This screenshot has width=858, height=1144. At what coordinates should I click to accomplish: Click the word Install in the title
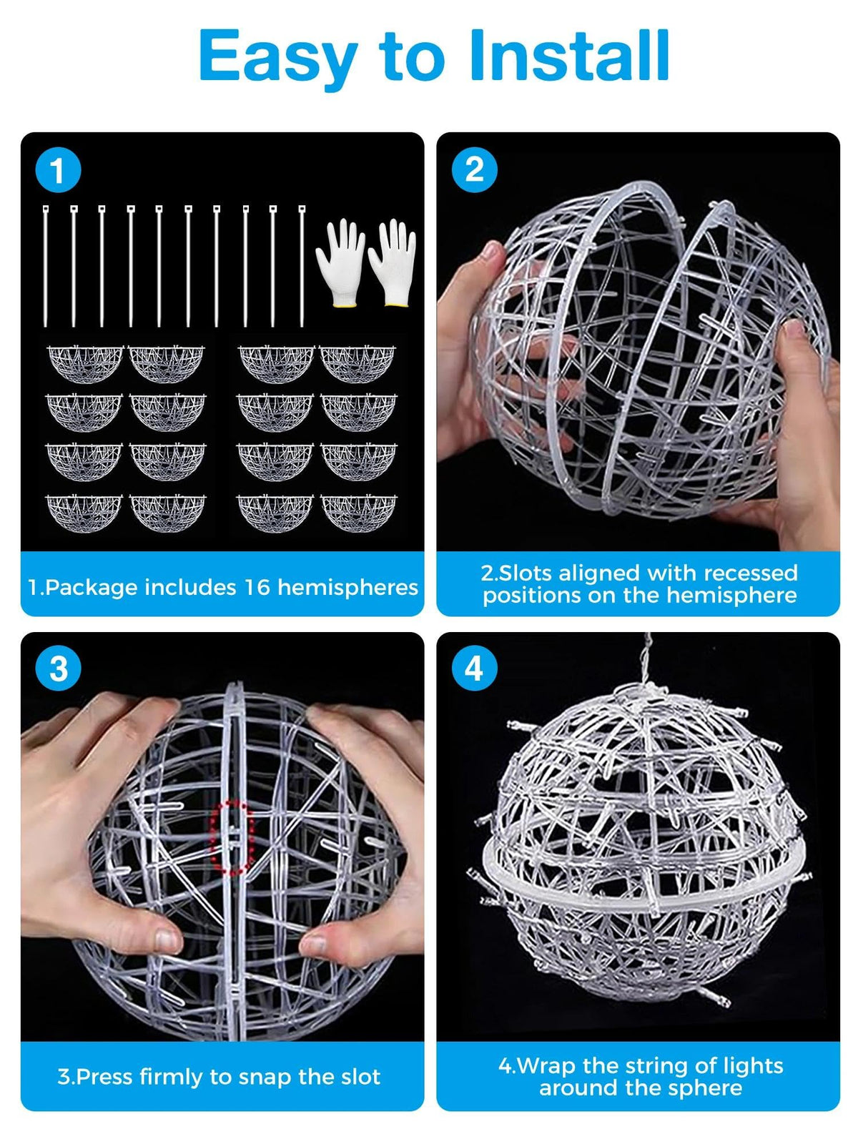click(569, 55)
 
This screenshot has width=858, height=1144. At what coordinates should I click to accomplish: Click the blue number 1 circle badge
click(58, 170)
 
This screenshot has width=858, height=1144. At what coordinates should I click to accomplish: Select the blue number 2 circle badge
click(474, 170)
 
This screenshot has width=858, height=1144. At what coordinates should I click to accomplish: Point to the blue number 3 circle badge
click(58, 668)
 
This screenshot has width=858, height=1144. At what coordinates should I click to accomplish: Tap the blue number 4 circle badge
click(474, 668)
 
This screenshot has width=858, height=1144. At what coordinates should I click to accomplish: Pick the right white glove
click(393, 262)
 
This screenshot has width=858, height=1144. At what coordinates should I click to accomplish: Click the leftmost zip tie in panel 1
click(45, 266)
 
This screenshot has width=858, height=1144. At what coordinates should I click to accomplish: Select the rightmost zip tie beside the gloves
click(302, 266)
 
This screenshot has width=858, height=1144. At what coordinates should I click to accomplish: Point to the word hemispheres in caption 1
click(347, 588)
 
